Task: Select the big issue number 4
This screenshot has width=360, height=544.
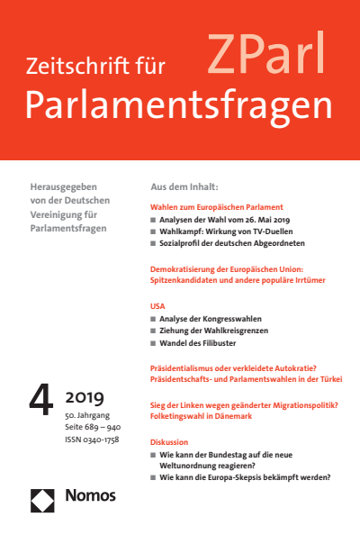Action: [x=41, y=399]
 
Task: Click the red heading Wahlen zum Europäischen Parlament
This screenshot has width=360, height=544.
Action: [x=216, y=206]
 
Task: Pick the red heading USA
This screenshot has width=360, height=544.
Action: [x=157, y=306]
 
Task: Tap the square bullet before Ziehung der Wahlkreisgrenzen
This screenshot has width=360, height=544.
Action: [x=154, y=331]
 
